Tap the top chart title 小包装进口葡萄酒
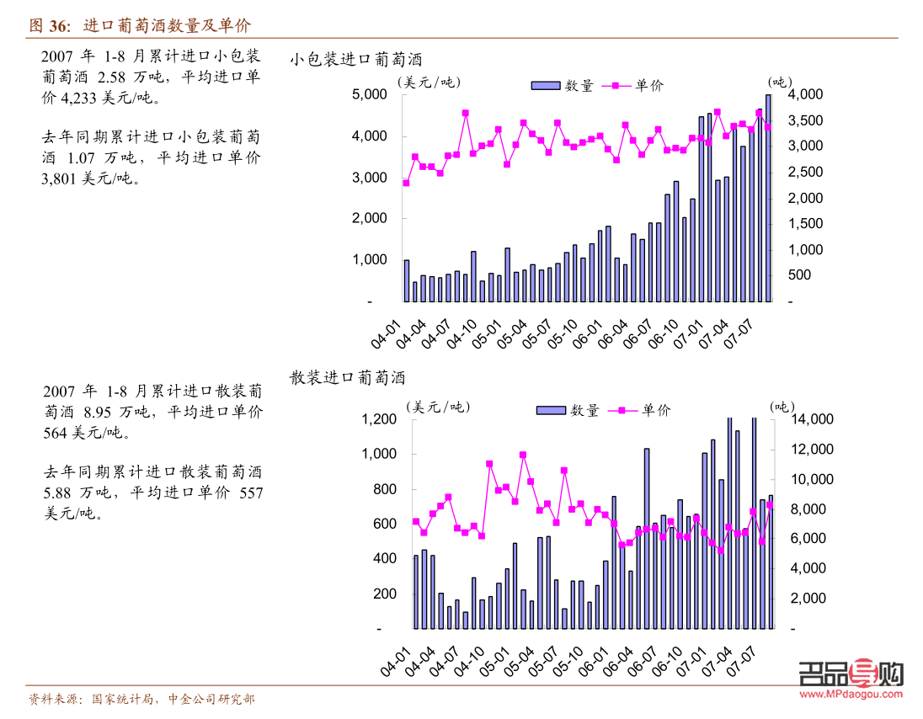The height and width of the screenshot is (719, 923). (x=355, y=60)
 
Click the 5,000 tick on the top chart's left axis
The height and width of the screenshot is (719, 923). (x=369, y=95)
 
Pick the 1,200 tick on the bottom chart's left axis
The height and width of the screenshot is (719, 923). (x=378, y=419)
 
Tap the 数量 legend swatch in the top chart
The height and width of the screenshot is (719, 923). (x=545, y=85)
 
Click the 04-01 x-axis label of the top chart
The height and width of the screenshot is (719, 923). (x=388, y=331)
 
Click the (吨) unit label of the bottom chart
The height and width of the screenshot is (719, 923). (x=782, y=406)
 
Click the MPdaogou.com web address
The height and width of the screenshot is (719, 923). (x=850, y=695)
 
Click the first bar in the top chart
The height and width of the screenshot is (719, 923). (x=407, y=280)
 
